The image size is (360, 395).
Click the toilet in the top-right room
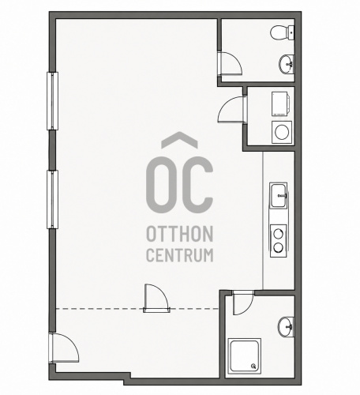(x=282, y=32)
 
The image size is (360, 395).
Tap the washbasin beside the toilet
(x=287, y=64)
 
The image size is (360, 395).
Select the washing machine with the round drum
(x=282, y=132)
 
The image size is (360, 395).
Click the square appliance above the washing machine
(x=280, y=103)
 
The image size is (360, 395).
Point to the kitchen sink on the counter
(x=279, y=196)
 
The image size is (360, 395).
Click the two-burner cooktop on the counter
(x=278, y=241)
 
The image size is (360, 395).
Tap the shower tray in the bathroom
(x=245, y=356)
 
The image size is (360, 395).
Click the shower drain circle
(x=253, y=366)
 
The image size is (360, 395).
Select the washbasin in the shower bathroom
(x=286, y=327)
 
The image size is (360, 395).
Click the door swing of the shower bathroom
(x=242, y=303)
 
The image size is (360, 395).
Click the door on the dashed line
(x=156, y=299)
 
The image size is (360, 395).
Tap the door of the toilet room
(x=230, y=63)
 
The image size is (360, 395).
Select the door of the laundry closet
(x=232, y=110)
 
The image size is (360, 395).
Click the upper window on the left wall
(x=52, y=101)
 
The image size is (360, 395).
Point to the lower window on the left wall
(x=52, y=200)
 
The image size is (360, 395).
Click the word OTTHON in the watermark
(x=179, y=234)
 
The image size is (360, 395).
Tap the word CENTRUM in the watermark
(x=179, y=255)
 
